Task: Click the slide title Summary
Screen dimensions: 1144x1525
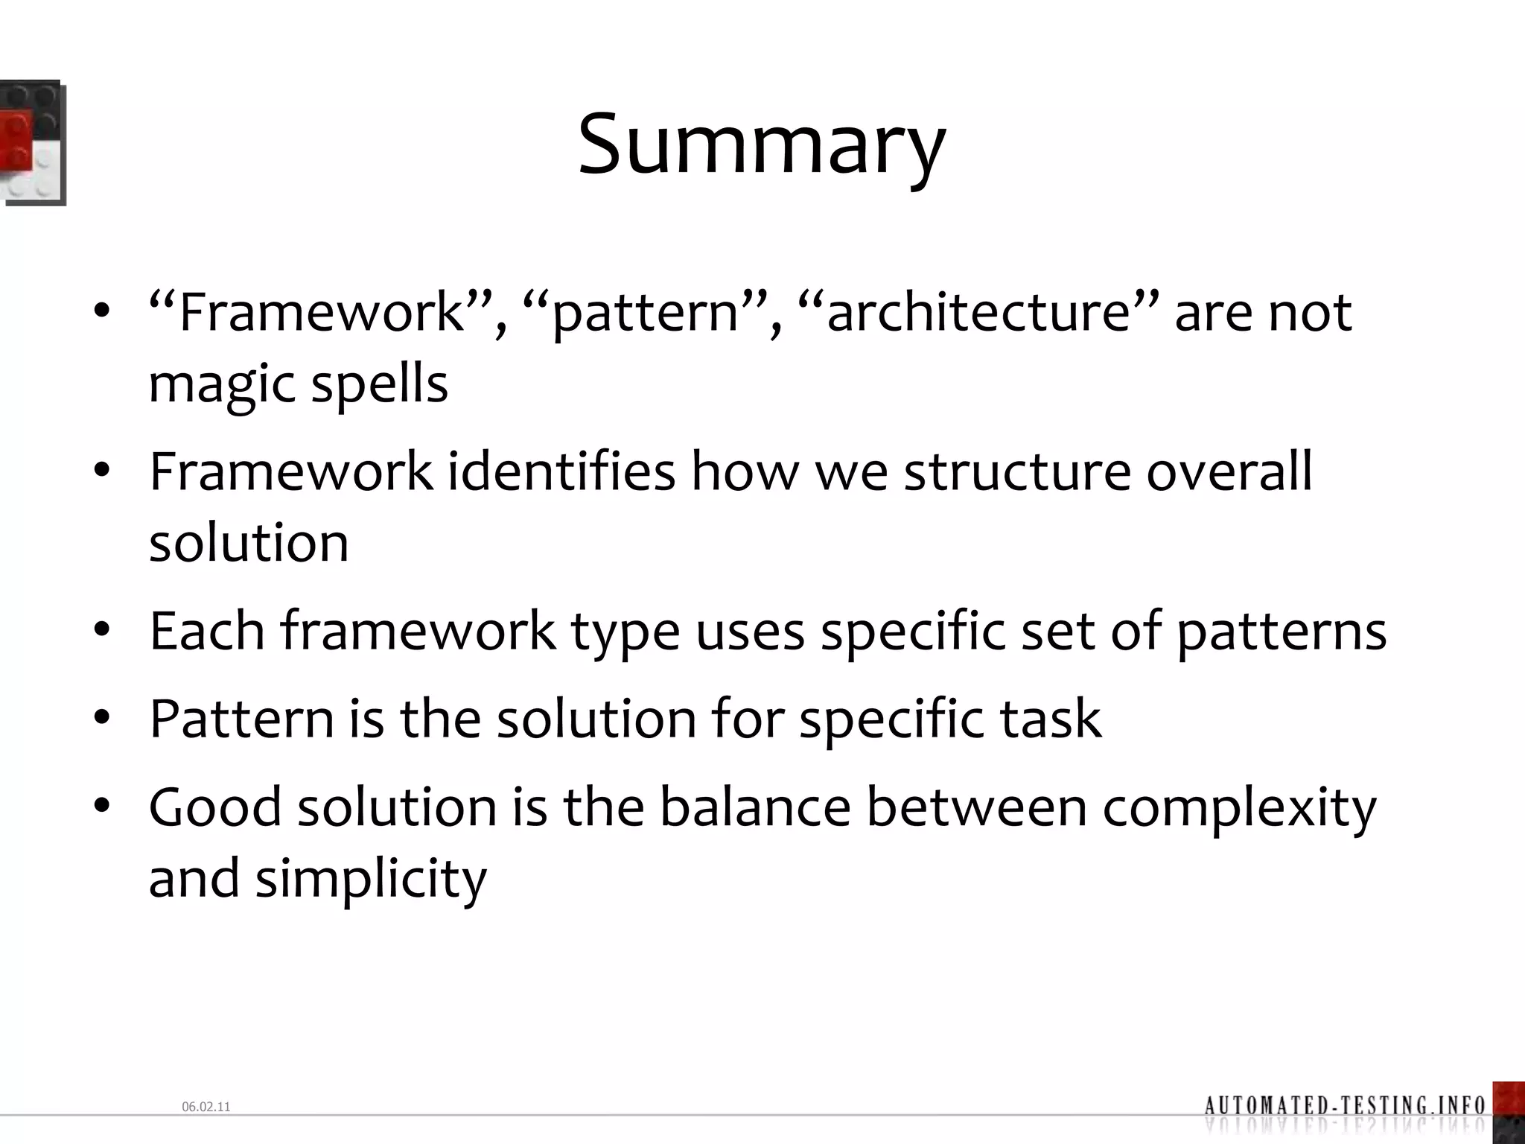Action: [x=761, y=145]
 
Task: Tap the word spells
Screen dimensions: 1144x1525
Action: [x=379, y=384]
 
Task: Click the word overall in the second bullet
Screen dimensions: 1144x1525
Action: [x=1229, y=472]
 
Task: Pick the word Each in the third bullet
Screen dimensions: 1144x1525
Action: [x=207, y=632]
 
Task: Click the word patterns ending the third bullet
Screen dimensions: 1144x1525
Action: [x=1282, y=632]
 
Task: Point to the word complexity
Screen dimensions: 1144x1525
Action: [x=1239, y=808]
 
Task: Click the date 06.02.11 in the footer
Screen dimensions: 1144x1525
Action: [x=206, y=1108]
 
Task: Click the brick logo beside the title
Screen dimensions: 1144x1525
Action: [x=31, y=142]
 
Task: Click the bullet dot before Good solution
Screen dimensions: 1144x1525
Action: [x=102, y=807]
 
